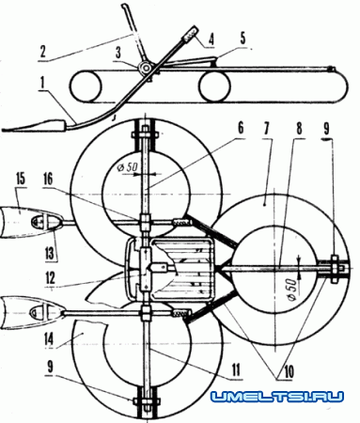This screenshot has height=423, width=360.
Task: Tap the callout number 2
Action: point(43,52)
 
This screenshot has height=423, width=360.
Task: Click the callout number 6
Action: point(241,129)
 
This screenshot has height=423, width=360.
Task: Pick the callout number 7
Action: point(267,129)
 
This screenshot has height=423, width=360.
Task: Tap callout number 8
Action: point(299,129)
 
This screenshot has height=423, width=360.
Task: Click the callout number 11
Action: point(235,369)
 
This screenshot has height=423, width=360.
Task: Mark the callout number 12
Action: point(50,278)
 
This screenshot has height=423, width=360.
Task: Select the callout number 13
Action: point(50,253)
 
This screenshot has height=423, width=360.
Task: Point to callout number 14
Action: point(49,340)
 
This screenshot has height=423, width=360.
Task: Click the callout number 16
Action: point(47,180)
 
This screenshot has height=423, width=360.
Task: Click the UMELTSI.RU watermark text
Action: point(277,398)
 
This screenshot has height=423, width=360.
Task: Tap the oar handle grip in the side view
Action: point(191,34)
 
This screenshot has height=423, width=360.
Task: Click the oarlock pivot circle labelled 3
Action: point(145,68)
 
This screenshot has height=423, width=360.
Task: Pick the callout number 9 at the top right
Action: point(326,128)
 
